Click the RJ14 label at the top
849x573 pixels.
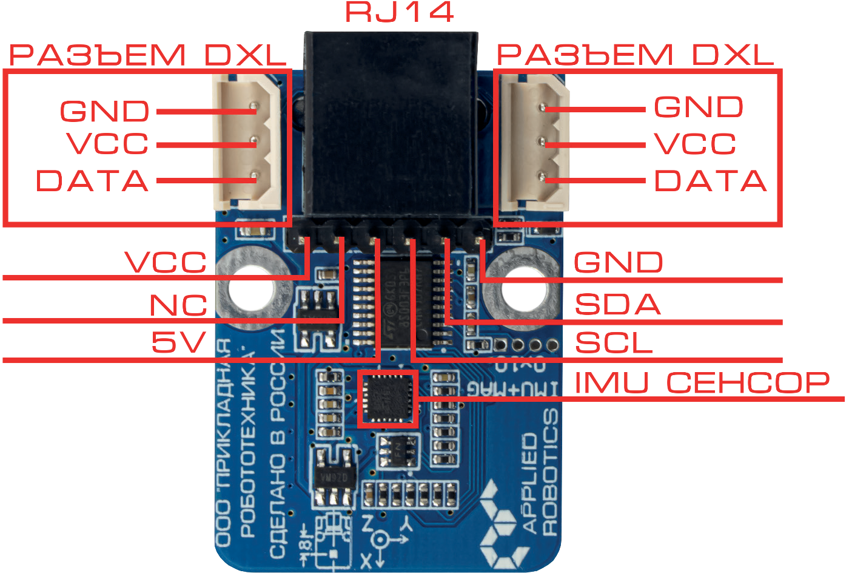[x=399, y=13]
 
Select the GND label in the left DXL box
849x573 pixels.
[x=105, y=111]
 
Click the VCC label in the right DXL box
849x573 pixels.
[x=695, y=144]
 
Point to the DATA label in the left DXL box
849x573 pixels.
[x=93, y=181]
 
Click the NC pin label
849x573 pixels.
[x=178, y=306]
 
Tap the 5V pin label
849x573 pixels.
[x=179, y=343]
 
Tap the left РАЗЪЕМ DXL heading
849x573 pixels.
[x=147, y=56]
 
